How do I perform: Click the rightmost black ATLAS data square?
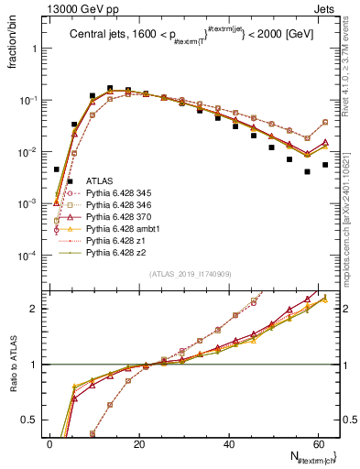(x=325, y=165)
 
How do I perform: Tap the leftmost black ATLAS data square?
(x=57, y=169)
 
